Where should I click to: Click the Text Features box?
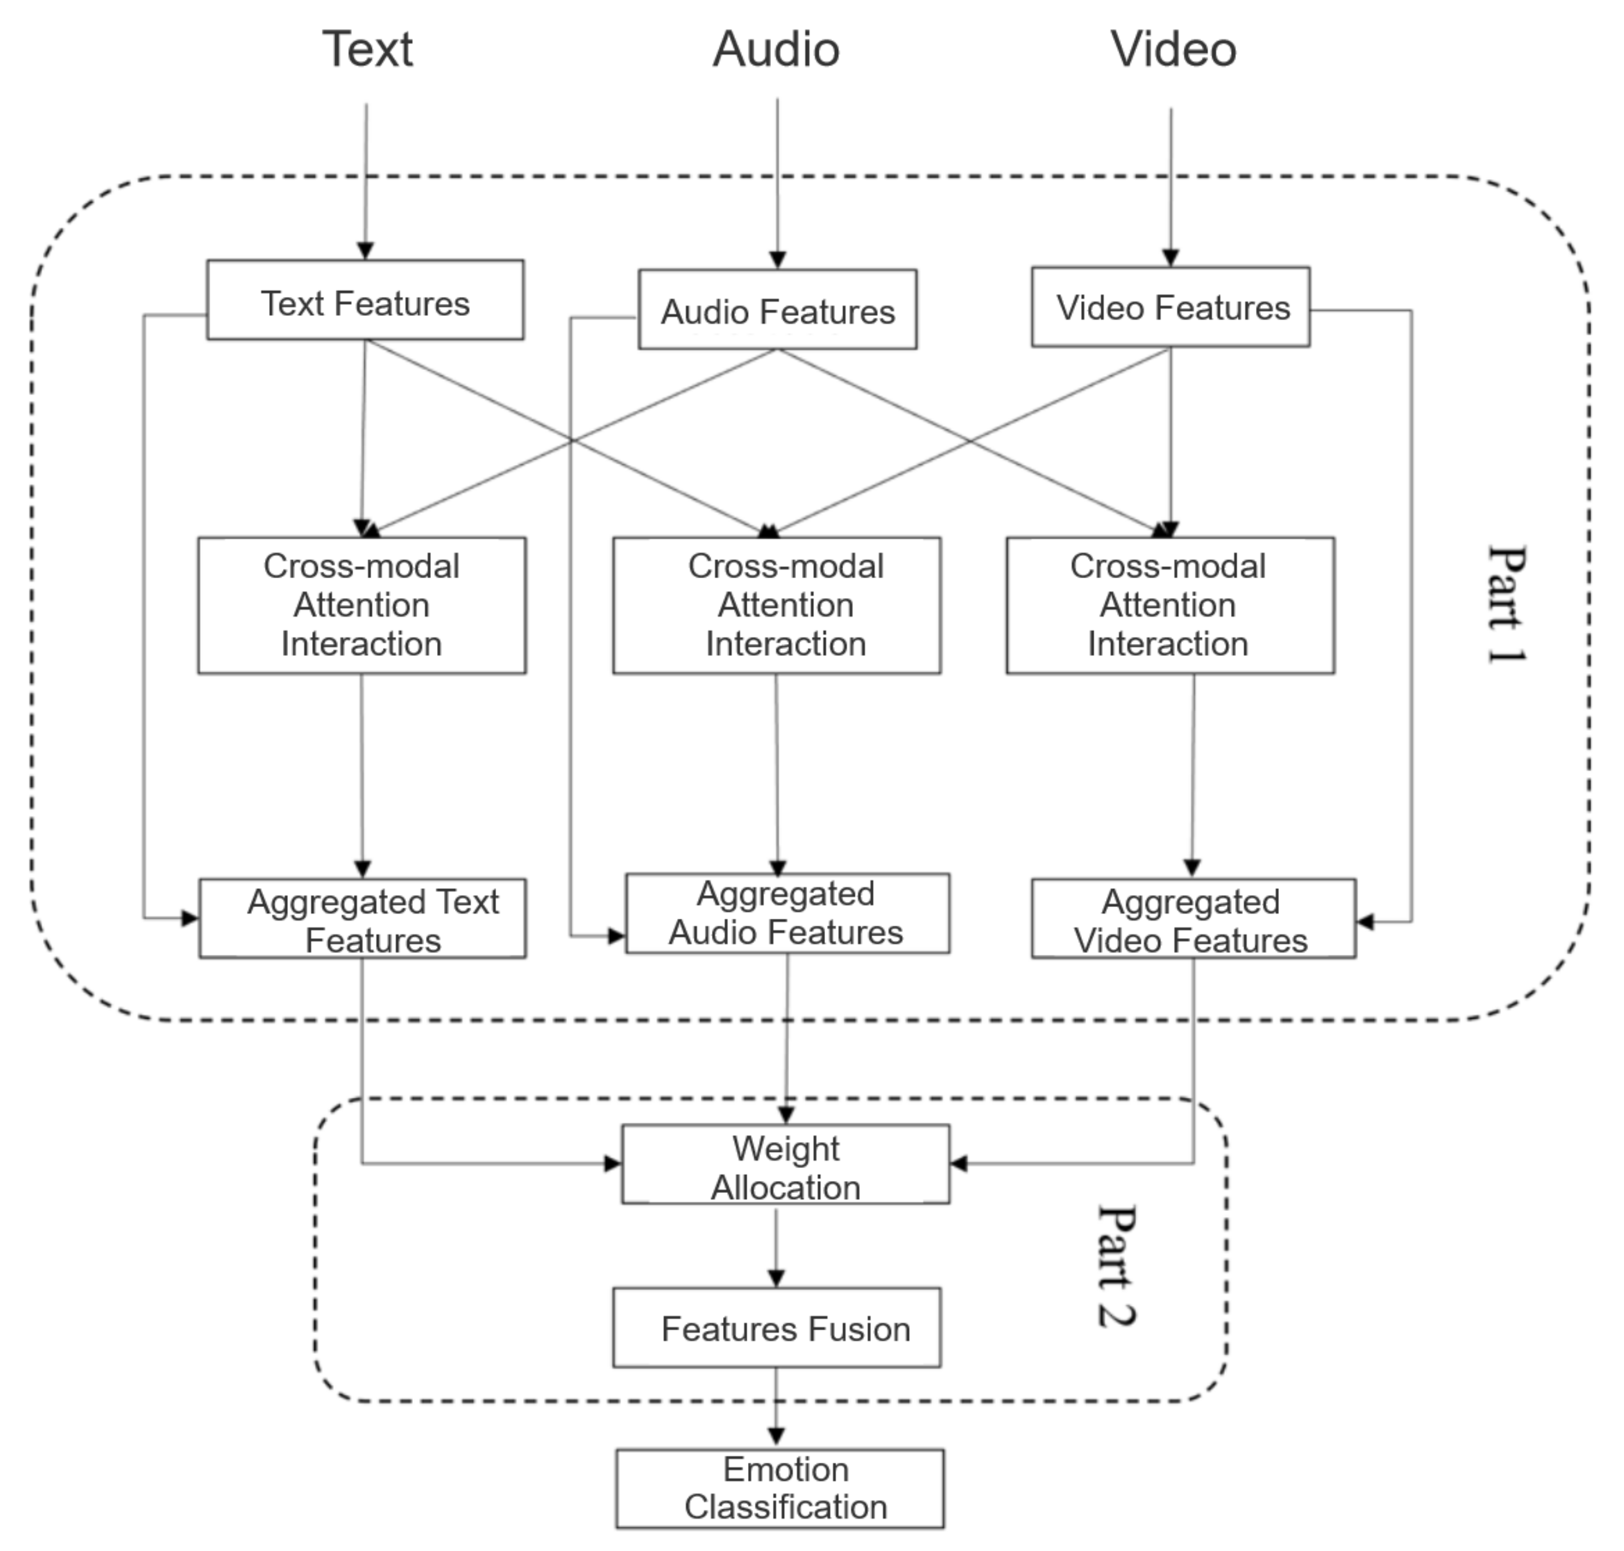pyautogui.click(x=365, y=300)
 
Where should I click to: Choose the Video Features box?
pyautogui.click(x=1170, y=306)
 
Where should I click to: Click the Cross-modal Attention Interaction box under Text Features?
pyautogui.click(x=361, y=605)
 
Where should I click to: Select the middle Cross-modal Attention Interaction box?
pyautogui.click(x=777, y=605)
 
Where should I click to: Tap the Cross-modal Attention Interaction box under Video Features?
pyautogui.click(x=1170, y=605)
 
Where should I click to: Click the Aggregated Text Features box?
pyautogui.click(x=362, y=919)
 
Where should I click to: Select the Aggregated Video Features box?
pyautogui.click(x=1193, y=919)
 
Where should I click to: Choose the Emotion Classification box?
pyautogui.click(x=780, y=1488)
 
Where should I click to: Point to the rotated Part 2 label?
pyautogui.click(x=1116, y=1266)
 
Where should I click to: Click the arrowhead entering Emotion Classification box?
pyautogui.click(x=775, y=1437)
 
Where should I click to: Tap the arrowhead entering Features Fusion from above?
pyautogui.click(x=775, y=1277)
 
